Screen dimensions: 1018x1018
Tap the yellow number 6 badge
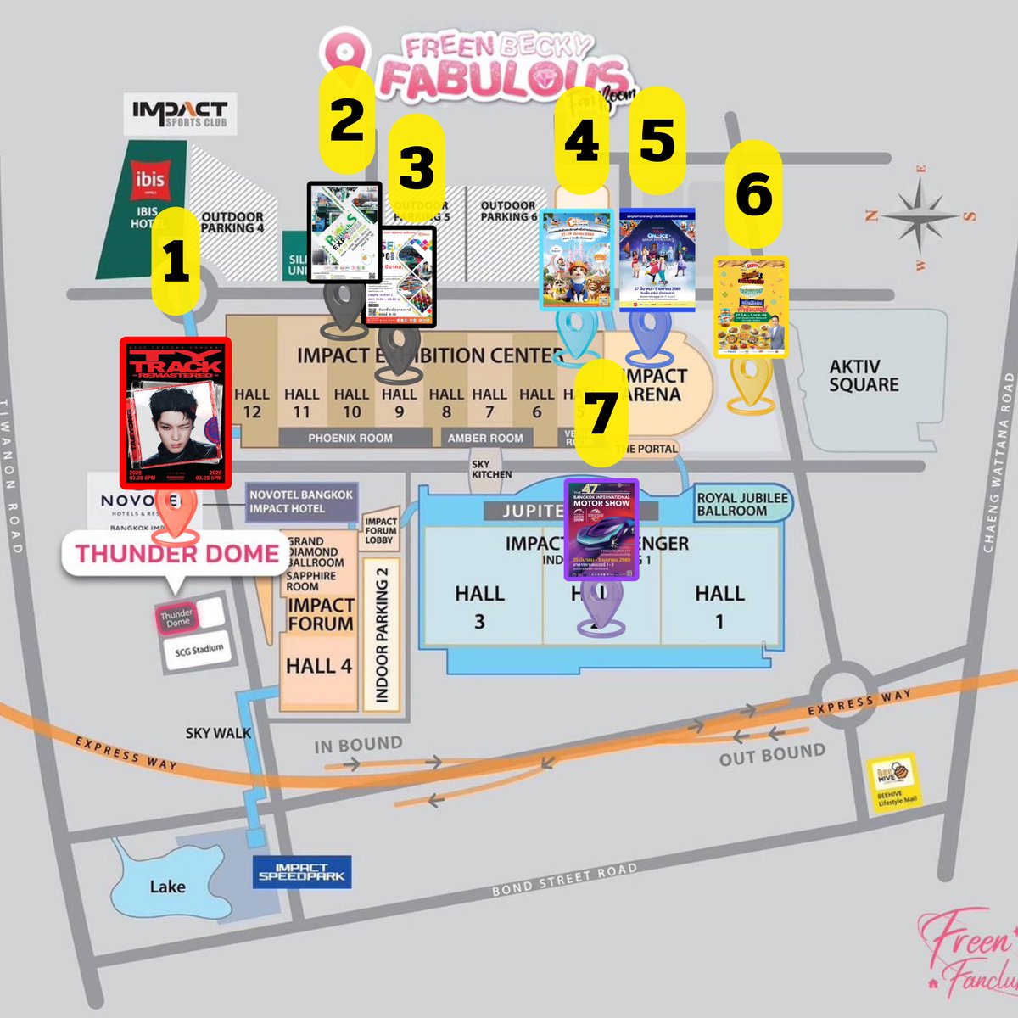[x=753, y=194]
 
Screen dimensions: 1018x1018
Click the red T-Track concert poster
[x=176, y=414]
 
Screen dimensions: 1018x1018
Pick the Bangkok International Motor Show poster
[x=601, y=530]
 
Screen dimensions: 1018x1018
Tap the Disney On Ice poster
[x=657, y=260]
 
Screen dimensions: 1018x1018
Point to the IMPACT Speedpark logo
[x=301, y=872]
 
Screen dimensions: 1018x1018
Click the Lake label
[x=167, y=887]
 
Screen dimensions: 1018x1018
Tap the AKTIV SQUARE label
[x=864, y=375]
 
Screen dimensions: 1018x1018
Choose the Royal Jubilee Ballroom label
[x=742, y=504]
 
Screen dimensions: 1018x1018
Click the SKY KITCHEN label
[x=492, y=469]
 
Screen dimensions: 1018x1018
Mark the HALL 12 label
[x=252, y=404]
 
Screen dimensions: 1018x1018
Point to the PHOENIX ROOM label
[x=350, y=438]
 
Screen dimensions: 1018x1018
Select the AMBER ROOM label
[x=485, y=438]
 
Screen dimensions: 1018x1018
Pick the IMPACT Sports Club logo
[x=180, y=114]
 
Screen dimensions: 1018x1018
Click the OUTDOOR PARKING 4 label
[x=232, y=222]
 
